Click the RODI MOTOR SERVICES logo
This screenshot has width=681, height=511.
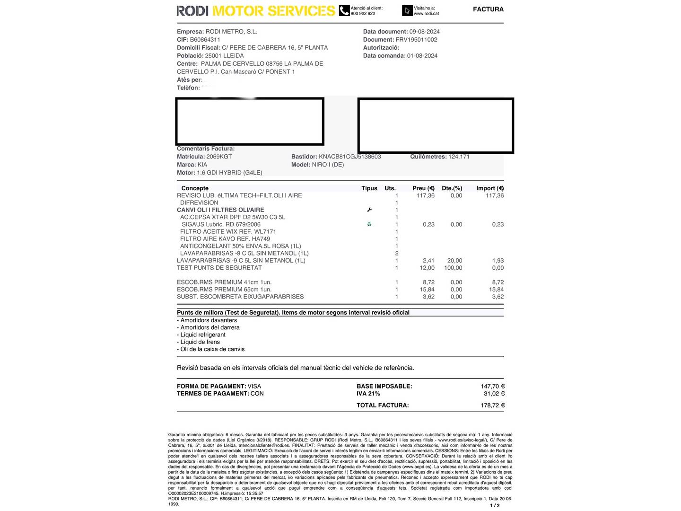coord(255,11)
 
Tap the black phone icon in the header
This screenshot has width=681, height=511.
coord(344,10)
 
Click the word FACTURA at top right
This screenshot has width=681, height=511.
coord(488,9)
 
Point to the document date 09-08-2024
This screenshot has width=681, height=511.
coord(424,32)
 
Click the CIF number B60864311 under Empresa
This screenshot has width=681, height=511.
coord(205,40)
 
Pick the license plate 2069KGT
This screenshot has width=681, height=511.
coord(219,157)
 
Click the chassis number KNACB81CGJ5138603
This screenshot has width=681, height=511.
coord(349,157)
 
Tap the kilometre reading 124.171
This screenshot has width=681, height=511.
coord(459,157)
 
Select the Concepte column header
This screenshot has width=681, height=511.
coord(195,188)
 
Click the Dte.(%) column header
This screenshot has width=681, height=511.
coord(452,188)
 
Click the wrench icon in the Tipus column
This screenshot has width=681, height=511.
coord(369,210)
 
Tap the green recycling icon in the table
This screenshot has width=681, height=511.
coord(369,224)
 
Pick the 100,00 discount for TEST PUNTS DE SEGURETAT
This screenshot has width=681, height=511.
coord(453,268)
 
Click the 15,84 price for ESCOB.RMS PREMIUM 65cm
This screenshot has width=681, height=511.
coord(427,290)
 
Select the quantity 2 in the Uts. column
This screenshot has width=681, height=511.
coord(396,253)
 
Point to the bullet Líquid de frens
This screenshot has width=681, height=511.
coord(200,342)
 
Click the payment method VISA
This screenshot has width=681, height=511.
coord(254,387)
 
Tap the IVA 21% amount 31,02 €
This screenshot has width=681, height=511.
coord(494,394)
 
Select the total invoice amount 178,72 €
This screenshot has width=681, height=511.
coord(492,405)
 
